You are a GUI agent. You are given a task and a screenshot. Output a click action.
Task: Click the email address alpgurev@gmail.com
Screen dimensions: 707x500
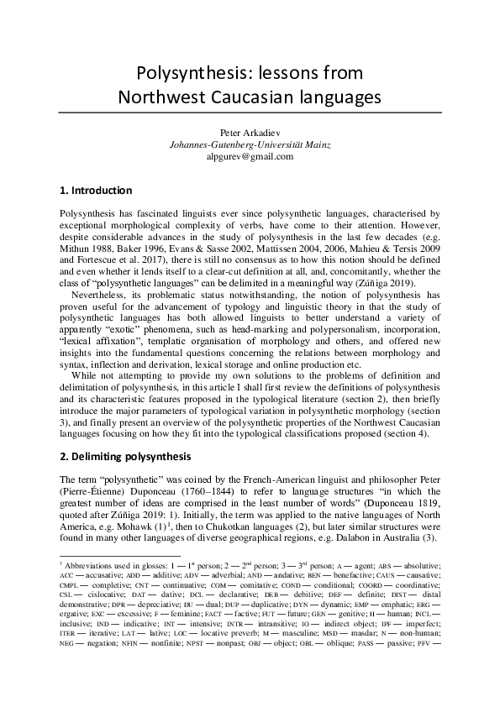(250, 156)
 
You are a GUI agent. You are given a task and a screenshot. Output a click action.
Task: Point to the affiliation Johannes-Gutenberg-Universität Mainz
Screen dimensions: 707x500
(250, 144)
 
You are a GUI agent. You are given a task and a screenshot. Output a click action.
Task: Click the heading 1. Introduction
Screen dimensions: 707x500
(97, 191)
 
